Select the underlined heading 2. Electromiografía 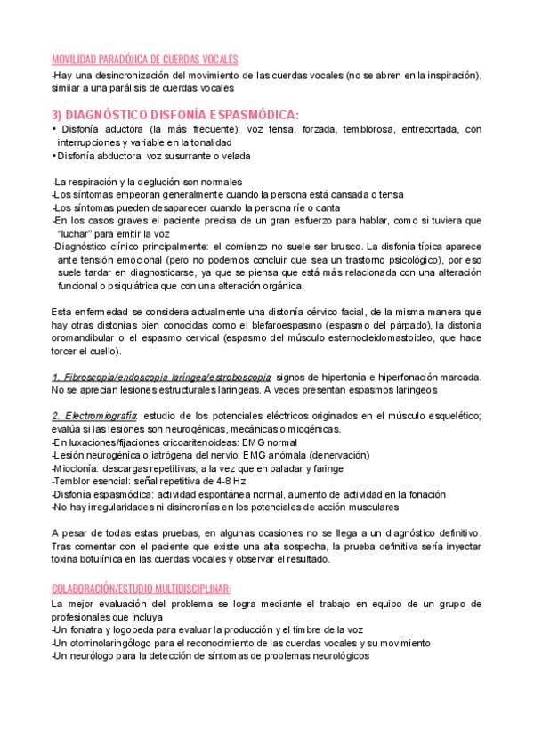pos(94,416)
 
